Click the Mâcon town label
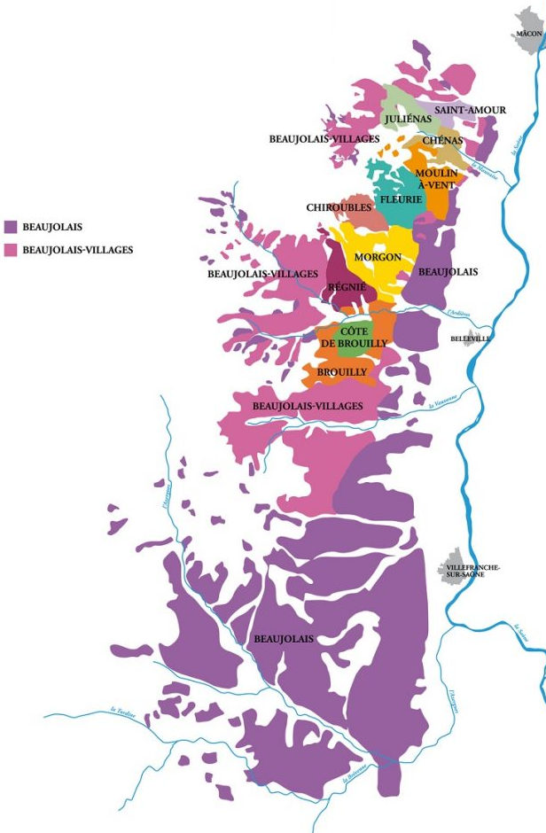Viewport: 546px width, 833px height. (x=528, y=32)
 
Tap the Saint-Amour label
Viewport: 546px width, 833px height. (x=470, y=110)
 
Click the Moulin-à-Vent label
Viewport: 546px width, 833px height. (x=436, y=178)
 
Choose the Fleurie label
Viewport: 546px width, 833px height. (x=400, y=200)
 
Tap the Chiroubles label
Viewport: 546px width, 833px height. (x=339, y=207)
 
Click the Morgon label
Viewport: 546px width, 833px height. (x=378, y=257)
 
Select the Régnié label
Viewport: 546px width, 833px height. (x=347, y=286)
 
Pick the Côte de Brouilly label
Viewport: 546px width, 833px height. (x=353, y=337)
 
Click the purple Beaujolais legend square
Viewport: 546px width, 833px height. (x=11, y=228)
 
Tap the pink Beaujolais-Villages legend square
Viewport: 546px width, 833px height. (x=11, y=251)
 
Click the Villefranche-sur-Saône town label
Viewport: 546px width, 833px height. (x=473, y=570)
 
